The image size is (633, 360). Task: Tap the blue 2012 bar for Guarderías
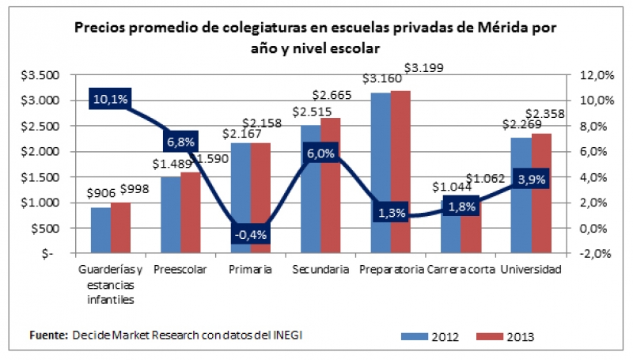pos(100,230)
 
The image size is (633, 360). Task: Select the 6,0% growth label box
pos(320,155)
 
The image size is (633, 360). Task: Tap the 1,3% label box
pos(392,212)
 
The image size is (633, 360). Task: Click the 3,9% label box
pos(529,180)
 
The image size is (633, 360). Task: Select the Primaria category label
pos(251,269)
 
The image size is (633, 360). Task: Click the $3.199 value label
pos(423,69)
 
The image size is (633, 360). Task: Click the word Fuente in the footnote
pos(48,335)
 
